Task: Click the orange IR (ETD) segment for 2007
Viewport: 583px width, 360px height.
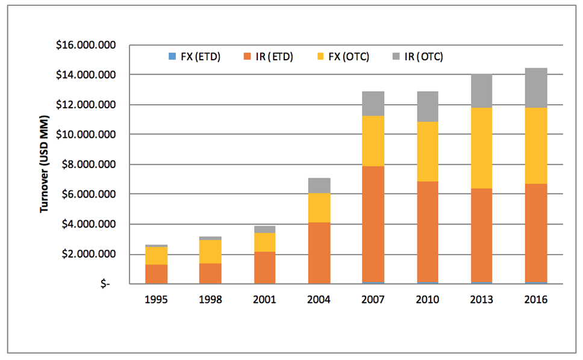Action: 373,224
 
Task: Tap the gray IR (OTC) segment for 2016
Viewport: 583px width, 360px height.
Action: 535,88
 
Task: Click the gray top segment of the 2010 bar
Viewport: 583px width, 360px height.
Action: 427,107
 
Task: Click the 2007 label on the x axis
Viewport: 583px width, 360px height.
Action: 373,300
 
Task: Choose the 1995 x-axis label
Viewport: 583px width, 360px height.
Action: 155,300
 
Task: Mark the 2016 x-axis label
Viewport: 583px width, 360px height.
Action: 535,300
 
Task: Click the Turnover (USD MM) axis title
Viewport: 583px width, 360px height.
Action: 45,164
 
